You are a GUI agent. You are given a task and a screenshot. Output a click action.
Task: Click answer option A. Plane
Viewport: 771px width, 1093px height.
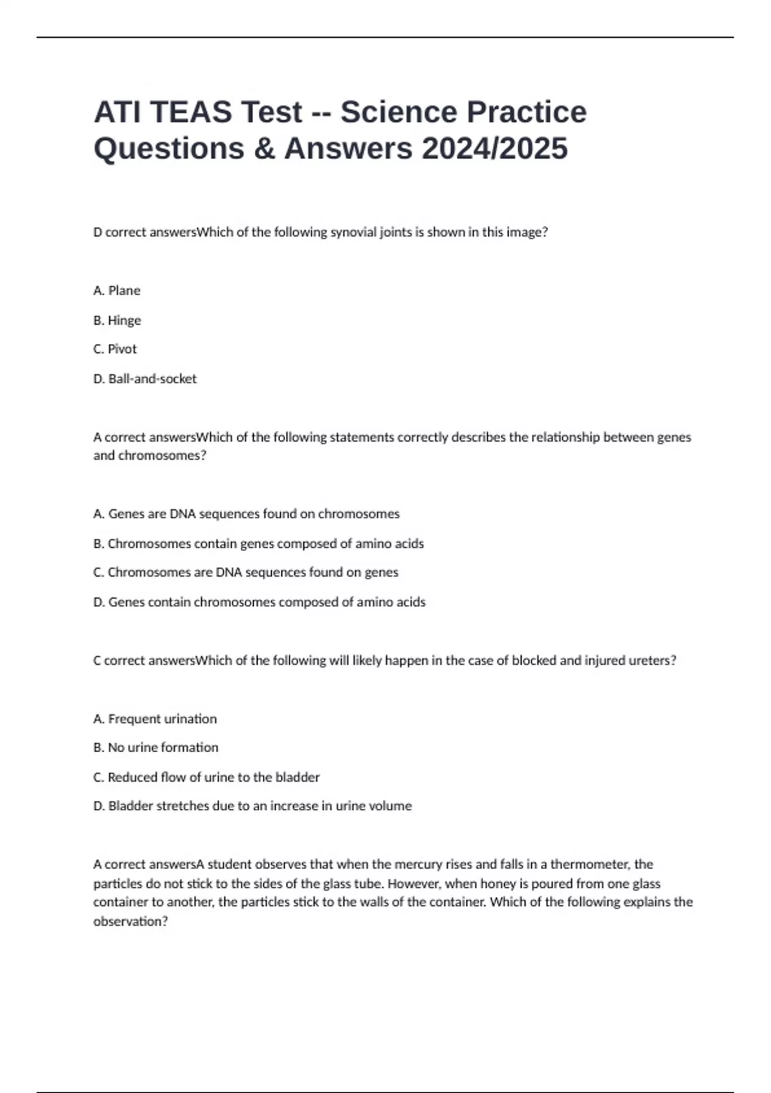coord(117,291)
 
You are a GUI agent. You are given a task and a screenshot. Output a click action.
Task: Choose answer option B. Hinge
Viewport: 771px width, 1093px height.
coord(117,320)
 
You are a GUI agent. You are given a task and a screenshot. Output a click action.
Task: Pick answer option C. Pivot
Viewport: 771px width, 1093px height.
coord(115,349)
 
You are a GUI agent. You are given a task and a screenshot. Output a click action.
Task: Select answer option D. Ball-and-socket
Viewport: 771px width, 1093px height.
coord(145,379)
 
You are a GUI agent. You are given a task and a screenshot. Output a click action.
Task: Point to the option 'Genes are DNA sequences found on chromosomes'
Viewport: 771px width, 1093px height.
coord(246,514)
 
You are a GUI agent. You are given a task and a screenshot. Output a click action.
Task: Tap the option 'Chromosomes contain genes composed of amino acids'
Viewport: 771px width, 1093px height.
coord(258,543)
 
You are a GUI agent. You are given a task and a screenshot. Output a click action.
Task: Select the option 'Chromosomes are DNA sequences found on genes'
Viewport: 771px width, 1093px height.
coord(245,572)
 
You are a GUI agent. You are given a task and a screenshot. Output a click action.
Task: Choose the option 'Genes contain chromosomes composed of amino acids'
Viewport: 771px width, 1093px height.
coord(259,602)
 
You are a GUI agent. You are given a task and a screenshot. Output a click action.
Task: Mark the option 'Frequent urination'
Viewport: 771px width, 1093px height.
coord(155,719)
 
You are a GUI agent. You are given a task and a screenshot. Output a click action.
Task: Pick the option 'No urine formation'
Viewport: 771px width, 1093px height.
coord(155,748)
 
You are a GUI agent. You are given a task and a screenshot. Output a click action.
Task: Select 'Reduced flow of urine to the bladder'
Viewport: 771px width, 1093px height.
coord(206,777)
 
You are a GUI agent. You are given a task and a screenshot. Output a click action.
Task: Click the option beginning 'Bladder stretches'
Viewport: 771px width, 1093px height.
coord(252,806)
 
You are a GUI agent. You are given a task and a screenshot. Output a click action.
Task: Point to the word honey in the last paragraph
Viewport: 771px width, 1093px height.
coord(497,883)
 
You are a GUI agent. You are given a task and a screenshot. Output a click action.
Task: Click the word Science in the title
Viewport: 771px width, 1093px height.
coord(398,112)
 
